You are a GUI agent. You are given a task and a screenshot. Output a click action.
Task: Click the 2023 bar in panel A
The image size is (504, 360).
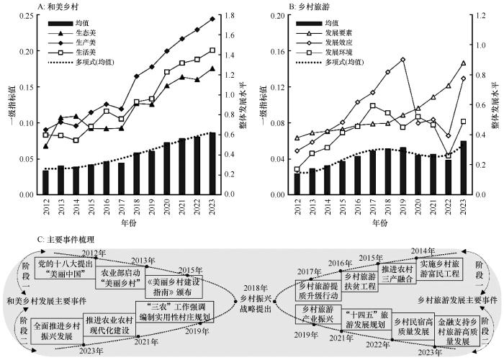coord(212,163)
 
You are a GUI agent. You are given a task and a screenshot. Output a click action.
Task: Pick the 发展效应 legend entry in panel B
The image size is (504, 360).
coord(339,42)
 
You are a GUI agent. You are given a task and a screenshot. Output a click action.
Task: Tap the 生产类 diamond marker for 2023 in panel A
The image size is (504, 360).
coord(212,19)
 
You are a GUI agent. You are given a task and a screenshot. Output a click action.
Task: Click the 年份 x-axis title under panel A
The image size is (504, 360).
coord(128,224)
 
